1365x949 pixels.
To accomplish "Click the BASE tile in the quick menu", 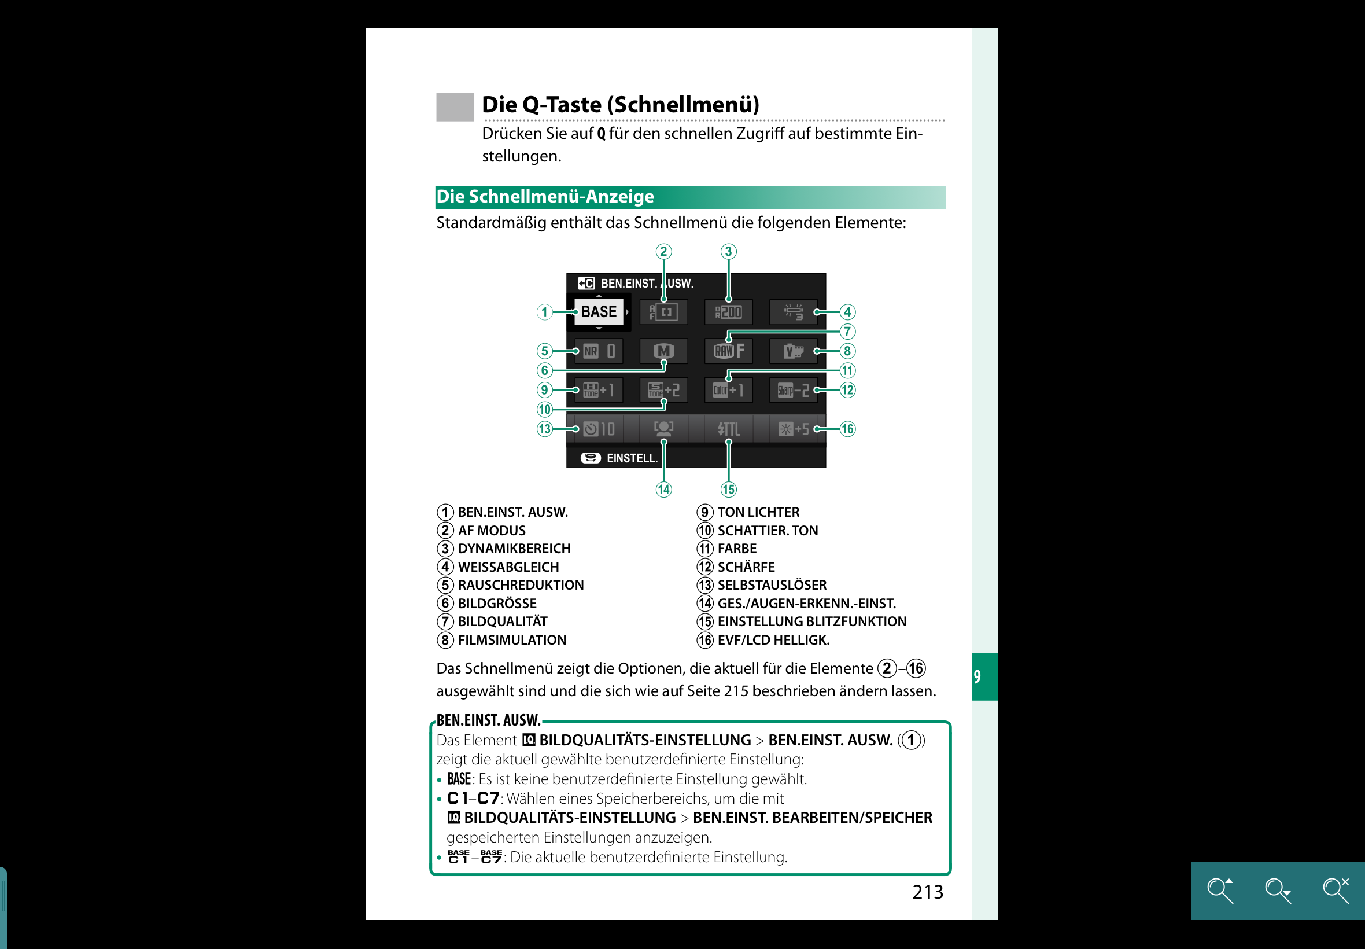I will pyautogui.click(x=599, y=311).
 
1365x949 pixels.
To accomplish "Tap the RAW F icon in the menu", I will pyautogui.click(x=729, y=351).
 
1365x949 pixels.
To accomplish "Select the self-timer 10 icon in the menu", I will pyautogui.click(x=599, y=429).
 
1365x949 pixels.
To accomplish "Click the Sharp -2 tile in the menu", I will pyautogui.click(x=793, y=390).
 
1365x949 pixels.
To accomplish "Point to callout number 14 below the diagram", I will pyautogui.click(x=663, y=490).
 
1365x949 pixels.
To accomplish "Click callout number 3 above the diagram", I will pyautogui.click(x=728, y=252).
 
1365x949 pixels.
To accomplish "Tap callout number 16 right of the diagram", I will pyautogui.click(x=847, y=429).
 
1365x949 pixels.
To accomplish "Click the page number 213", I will pyautogui.click(x=927, y=892).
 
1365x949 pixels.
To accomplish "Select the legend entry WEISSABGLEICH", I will pyautogui.click(x=508, y=567).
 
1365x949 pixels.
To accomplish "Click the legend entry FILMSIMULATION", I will pyautogui.click(x=512, y=640).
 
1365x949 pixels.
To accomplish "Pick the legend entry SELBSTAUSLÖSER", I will pyautogui.click(x=772, y=585).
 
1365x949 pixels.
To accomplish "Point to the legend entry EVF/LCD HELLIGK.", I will pyautogui.click(x=773, y=640).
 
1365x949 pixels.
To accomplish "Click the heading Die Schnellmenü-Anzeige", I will pyautogui.click(x=545, y=197).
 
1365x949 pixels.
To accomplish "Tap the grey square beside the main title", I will pyautogui.click(x=455, y=107).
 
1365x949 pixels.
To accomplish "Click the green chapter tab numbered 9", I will pyautogui.click(x=984, y=676).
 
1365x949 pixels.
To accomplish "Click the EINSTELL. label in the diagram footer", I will pyautogui.click(x=632, y=458).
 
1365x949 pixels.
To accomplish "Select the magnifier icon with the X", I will pyautogui.click(x=1336, y=890).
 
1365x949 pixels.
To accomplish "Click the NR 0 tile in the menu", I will pyautogui.click(x=599, y=351).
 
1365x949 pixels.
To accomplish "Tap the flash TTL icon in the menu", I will pyautogui.click(x=729, y=429).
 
